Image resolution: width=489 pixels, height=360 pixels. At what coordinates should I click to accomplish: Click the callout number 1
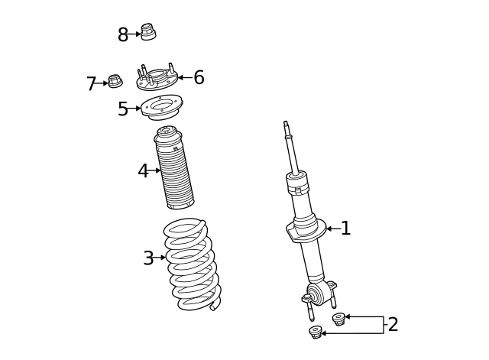346,229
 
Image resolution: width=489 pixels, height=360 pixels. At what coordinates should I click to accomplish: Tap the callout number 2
393,325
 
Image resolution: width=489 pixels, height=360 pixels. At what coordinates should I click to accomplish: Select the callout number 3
148,258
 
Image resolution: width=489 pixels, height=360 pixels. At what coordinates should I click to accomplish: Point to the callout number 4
143,171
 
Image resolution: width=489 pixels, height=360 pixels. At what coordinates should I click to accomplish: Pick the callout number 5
123,109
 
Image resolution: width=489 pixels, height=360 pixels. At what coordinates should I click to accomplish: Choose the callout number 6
199,78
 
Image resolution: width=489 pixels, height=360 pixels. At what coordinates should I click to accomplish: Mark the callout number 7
92,84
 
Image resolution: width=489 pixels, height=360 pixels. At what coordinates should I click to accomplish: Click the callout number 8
123,35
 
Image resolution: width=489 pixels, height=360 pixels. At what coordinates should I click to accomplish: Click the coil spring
191,264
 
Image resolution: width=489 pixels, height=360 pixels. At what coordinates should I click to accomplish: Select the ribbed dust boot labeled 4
174,170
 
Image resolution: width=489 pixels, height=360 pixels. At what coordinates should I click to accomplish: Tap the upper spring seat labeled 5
161,106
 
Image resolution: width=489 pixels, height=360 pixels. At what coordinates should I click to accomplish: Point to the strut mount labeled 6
157,78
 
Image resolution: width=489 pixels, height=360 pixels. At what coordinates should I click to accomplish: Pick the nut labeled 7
115,80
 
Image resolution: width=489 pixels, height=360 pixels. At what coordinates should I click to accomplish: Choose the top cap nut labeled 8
148,32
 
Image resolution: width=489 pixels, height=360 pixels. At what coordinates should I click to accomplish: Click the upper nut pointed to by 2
338,319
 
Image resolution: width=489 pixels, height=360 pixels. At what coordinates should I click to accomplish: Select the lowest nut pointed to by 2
316,332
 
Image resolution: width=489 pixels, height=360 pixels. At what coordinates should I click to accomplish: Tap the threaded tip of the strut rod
286,125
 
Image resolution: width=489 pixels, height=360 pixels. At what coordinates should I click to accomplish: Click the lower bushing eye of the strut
317,294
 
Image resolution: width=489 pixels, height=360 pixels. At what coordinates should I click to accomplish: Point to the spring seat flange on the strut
306,229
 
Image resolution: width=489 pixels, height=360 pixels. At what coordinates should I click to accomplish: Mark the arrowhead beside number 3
163,258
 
